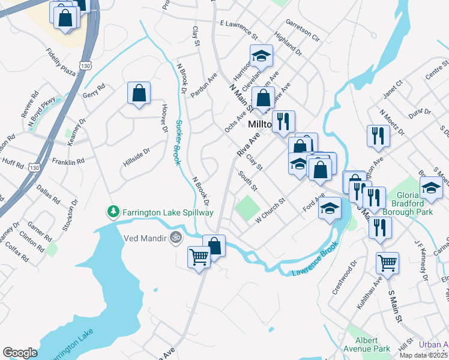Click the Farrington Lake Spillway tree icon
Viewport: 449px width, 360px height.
(113, 212)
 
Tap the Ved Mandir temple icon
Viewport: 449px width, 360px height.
(175, 236)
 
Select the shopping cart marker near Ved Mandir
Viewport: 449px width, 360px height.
(199, 257)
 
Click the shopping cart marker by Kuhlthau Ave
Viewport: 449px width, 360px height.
(387, 262)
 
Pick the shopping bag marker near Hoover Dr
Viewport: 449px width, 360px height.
(139, 93)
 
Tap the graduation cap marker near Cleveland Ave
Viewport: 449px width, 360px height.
(261, 56)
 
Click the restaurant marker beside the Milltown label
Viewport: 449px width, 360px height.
(283, 121)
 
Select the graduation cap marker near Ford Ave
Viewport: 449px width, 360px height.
(329, 209)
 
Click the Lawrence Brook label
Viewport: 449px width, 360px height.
(312, 268)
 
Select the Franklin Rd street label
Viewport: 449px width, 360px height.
(68, 162)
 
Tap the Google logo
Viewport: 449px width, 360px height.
(20, 353)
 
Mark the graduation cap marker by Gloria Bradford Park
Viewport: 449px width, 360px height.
(431, 188)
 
